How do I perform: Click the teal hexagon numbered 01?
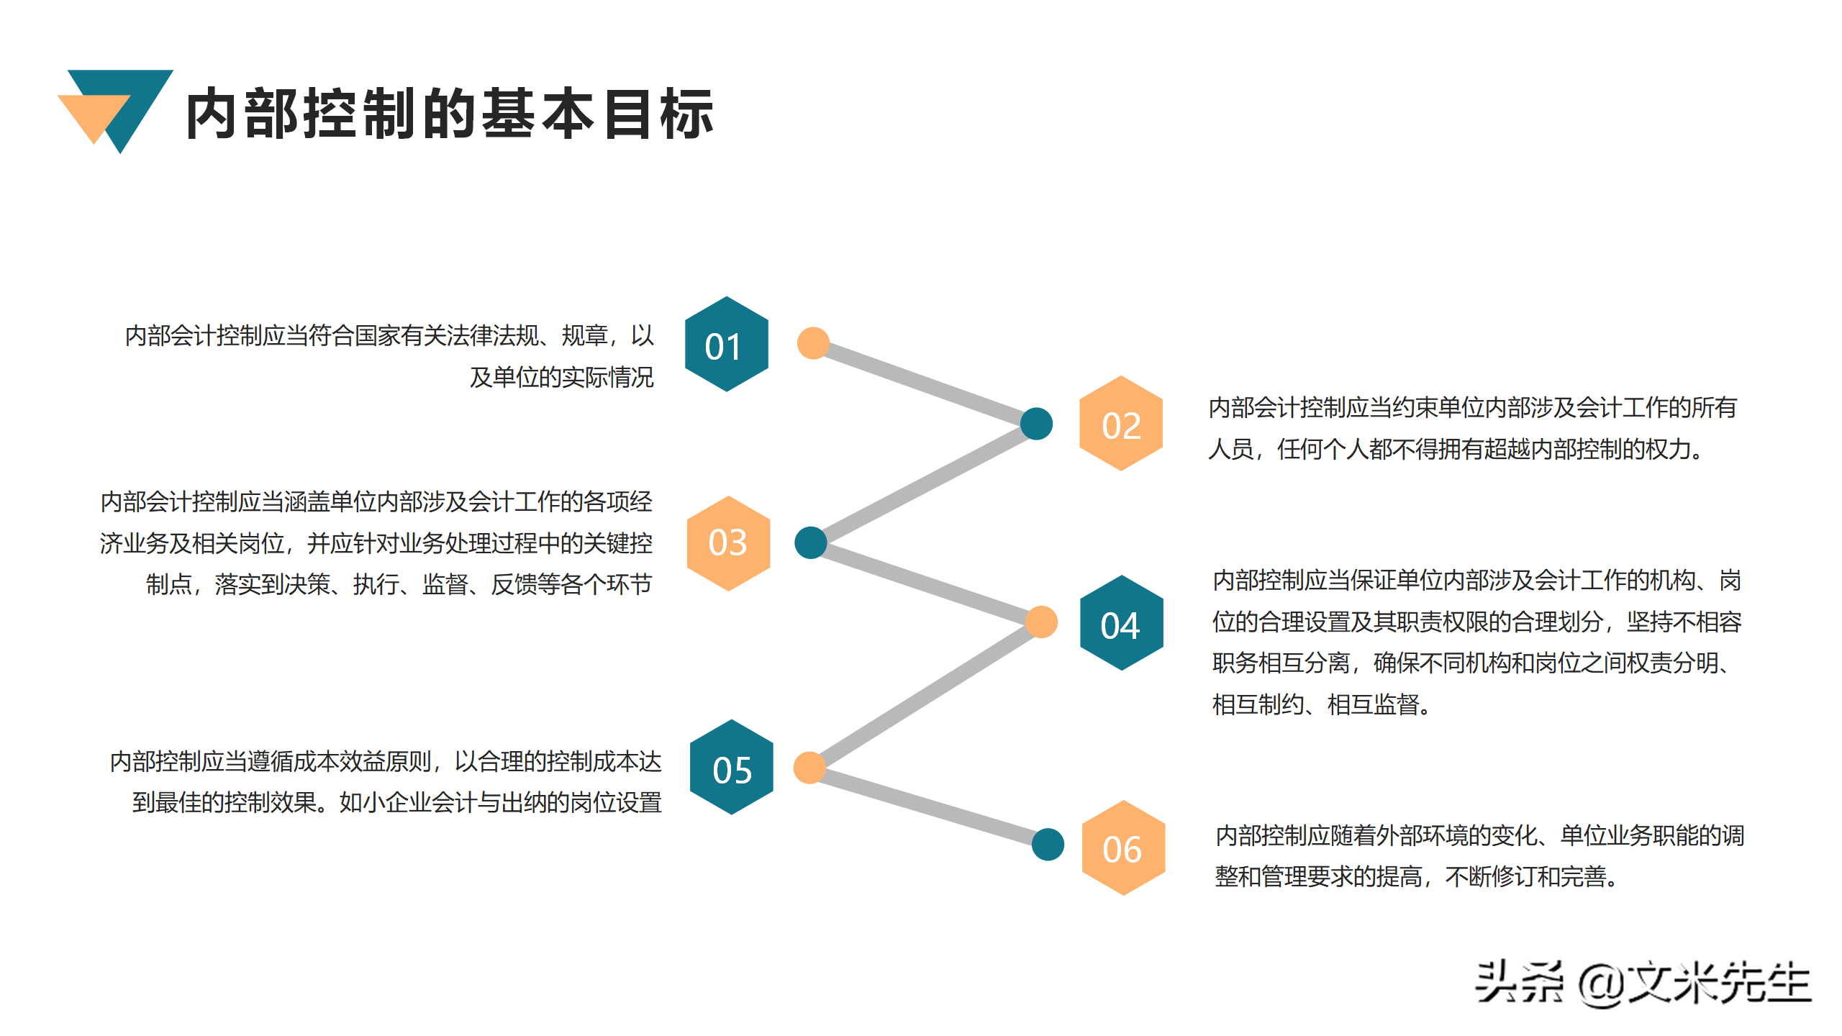[726, 345]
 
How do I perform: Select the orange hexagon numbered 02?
[1120, 424]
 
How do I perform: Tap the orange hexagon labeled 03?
[728, 543]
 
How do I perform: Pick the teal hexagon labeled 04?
[1121, 624]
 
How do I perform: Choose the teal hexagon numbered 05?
[731, 768]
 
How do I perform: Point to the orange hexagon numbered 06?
[1122, 848]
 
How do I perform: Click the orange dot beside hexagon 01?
[813, 343]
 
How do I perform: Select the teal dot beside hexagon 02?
[1036, 424]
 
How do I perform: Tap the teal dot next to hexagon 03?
[810, 543]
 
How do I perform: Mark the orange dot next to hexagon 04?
[1041, 622]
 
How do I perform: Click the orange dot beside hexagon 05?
[809, 768]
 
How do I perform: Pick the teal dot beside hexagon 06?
[1048, 845]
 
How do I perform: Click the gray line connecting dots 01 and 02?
[925, 383]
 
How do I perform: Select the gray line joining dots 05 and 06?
[928, 806]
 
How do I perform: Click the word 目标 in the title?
[658, 114]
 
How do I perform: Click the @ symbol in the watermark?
[1602, 984]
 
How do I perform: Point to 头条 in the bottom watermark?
[1518, 983]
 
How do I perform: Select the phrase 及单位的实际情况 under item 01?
[561, 377]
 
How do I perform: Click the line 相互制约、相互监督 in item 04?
[1320, 704]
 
